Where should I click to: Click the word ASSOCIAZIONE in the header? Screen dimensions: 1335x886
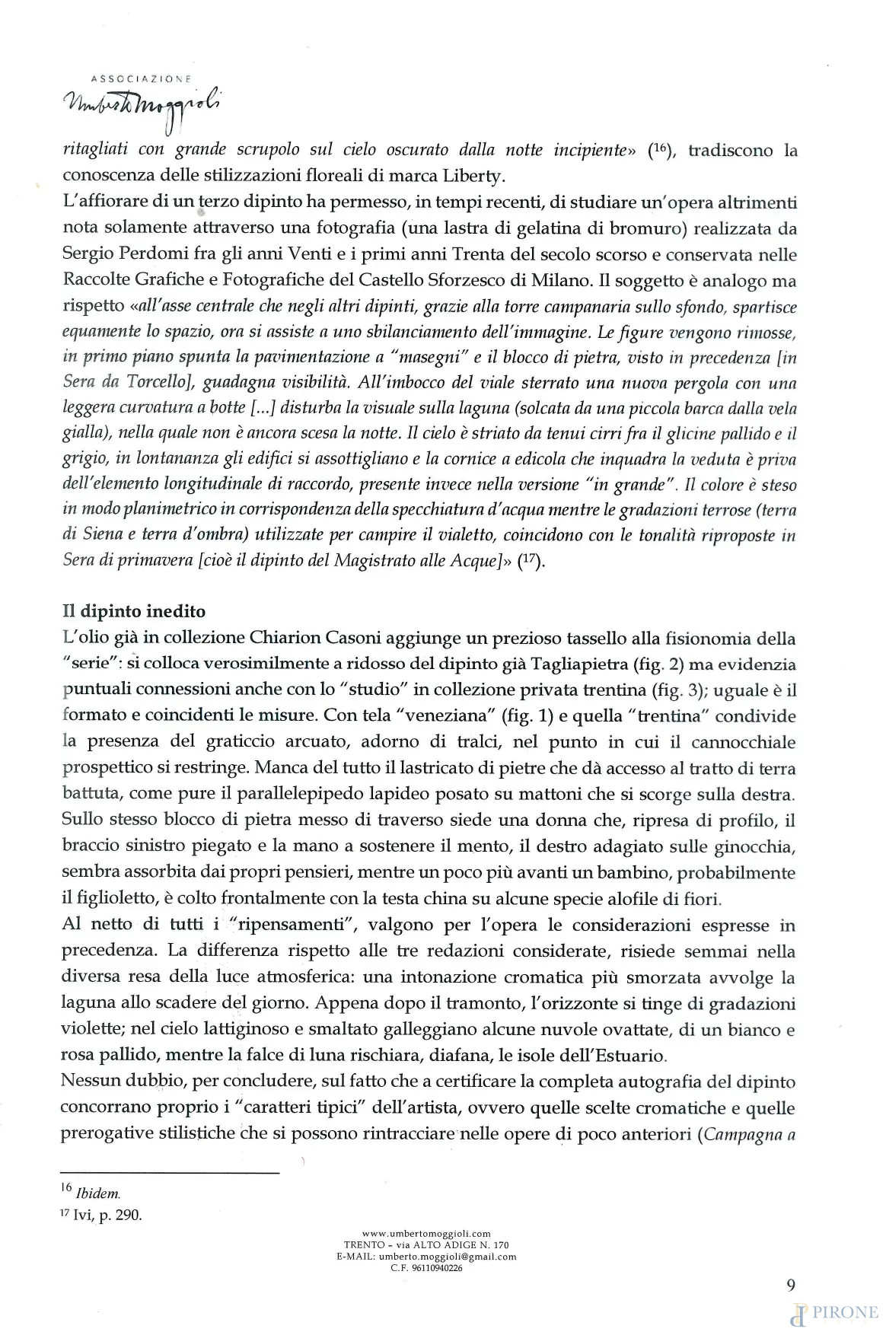point(141,78)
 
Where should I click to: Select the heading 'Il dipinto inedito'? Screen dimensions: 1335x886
point(133,611)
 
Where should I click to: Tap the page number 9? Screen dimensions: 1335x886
point(791,1286)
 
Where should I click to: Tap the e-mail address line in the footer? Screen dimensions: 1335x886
point(426,1257)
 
